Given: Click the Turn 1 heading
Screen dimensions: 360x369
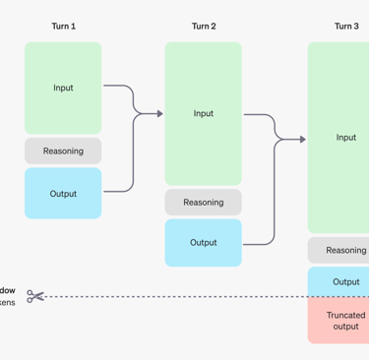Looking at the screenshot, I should coord(63,27).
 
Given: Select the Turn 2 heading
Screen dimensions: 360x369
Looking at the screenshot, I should coord(204,27).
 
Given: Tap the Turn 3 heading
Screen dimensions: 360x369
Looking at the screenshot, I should coord(346,27).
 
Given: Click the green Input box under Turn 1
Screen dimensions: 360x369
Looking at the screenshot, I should coord(63,88).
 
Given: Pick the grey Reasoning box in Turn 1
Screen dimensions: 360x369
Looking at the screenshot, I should coord(63,150).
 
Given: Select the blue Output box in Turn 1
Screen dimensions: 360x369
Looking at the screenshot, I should coord(63,193).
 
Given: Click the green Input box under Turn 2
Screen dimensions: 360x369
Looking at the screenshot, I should coord(204,113).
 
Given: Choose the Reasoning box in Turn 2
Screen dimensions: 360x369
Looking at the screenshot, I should coord(204,202).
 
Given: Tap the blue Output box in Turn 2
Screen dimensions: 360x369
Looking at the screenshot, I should coord(204,242).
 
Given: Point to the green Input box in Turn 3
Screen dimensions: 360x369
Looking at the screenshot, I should coord(340,138).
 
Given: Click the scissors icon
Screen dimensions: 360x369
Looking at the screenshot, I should coord(35,296).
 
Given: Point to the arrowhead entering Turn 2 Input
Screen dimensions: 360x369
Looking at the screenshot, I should coord(158,114).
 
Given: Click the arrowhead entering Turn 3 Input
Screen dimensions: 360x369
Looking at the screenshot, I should coord(302,140).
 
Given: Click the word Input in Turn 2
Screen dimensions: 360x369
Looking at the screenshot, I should coord(204,113).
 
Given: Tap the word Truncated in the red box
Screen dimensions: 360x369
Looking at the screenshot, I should coord(345,315).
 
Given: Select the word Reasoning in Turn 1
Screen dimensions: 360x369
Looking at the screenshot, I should coord(63,150).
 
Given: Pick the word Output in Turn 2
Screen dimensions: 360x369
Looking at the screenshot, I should coord(204,242).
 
